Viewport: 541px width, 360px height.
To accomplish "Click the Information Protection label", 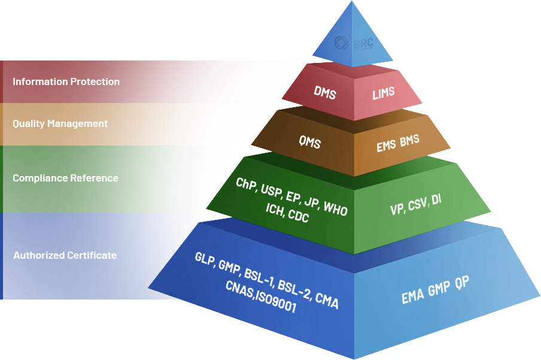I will point(66,81).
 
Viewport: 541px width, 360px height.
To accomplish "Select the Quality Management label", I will point(60,123).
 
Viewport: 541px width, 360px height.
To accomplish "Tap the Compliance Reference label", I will point(65,178).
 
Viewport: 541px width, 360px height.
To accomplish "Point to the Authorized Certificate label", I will point(65,255).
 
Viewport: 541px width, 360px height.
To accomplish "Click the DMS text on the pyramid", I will point(325,93).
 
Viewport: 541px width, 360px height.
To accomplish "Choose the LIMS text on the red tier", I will point(383,94).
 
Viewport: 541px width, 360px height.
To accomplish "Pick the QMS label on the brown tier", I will point(309,143).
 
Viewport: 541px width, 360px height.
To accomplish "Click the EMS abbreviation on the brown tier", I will point(386,145).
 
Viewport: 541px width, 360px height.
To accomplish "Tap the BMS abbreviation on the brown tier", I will point(410,141).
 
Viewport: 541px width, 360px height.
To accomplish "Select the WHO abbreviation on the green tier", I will point(335,208).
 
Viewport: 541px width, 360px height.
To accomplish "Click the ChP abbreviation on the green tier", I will point(246,184).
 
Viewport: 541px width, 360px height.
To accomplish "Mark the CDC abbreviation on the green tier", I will point(298,216).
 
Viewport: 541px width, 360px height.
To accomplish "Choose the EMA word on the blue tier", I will point(412,295).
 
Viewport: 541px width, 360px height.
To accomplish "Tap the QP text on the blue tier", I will point(461,283).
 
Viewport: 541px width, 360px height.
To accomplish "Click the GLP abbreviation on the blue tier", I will point(205,258).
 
